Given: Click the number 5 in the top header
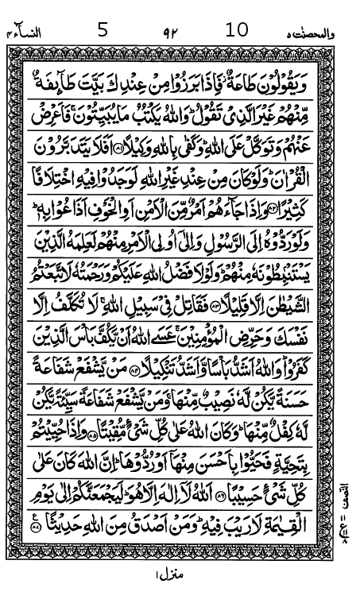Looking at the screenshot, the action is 101,31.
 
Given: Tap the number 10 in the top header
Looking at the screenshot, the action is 237,30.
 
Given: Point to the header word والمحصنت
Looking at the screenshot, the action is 323,33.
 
